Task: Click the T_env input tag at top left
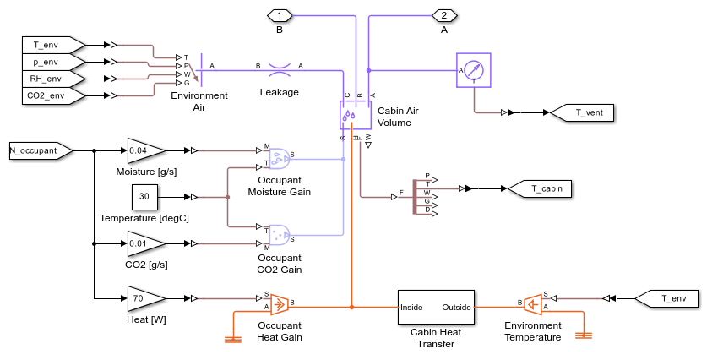[x=53, y=45]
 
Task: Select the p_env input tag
[x=53, y=62]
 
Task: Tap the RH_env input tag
[x=53, y=79]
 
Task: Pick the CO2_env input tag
[x=53, y=95]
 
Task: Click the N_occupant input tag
[x=41, y=150]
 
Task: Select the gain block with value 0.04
[x=146, y=150]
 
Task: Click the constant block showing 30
[x=144, y=197]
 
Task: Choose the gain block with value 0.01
[x=146, y=243]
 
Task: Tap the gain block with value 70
[x=146, y=298]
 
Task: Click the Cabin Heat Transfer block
[x=436, y=308]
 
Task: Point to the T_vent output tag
[x=583, y=112]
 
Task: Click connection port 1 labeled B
[x=280, y=16]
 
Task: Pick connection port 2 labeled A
[x=444, y=16]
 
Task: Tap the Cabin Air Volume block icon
[x=356, y=115]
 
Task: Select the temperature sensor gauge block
[x=473, y=70]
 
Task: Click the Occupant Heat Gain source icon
[x=279, y=305]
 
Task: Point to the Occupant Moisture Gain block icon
[x=279, y=158]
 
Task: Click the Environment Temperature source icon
[x=533, y=305]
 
